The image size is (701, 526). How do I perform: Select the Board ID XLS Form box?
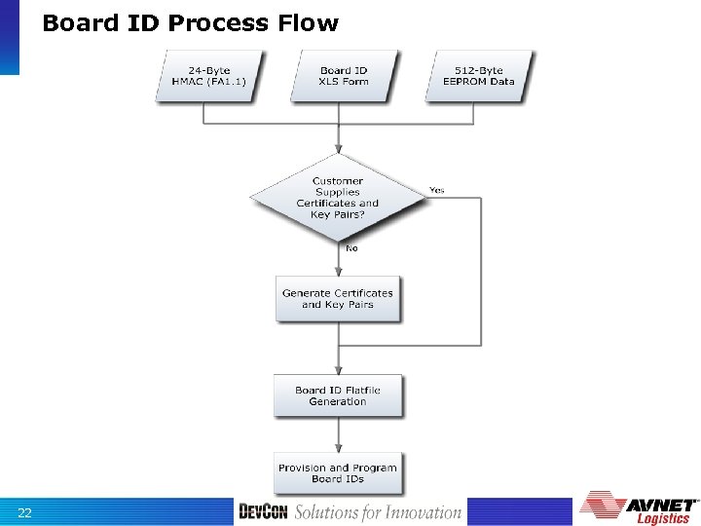pos(343,76)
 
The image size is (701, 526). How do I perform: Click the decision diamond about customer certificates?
pos(338,198)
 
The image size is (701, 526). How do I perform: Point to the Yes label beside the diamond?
pos(437,190)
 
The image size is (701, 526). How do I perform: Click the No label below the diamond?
pos(351,248)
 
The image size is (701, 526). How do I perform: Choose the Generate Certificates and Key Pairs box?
pos(338,299)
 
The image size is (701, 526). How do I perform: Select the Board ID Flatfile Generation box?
pos(338,395)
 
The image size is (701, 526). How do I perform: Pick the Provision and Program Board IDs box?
pos(338,472)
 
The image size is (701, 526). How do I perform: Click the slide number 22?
pos(24,513)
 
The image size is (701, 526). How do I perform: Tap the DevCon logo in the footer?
pos(263,512)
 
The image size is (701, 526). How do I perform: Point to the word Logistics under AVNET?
pos(663,518)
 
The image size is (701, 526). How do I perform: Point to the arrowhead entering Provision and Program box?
pos(338,448)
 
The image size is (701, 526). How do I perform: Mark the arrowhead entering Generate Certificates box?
pos(338,274)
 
